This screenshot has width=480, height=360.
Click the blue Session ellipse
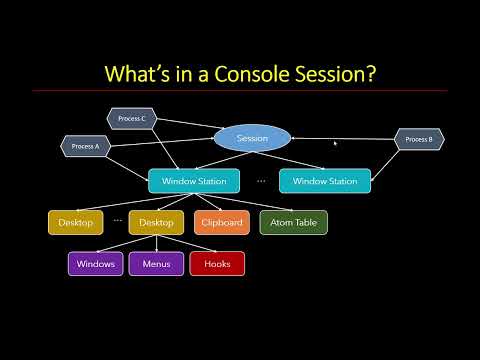[x=252, y=138]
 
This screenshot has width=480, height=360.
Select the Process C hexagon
[x=131, y=119]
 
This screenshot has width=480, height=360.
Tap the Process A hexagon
[x=85, y=146]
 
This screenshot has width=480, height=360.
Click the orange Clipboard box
[x=220, y=223]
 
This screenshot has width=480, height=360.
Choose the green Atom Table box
[x=293, y=223]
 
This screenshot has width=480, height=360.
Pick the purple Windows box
[x=96, y=264]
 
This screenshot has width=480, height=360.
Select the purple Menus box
[x=156, y=264]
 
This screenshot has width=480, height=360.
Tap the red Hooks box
[x=217, y=264]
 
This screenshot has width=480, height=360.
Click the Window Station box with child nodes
[x=194, y=181]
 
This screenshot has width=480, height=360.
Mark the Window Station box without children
[x=325, y=181]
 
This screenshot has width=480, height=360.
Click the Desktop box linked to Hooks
[x=156, y=223]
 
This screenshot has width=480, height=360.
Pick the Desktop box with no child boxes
[x=75, y=223]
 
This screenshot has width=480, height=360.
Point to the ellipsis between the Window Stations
[x=260, y=181]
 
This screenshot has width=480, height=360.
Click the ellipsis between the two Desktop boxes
[x=117, y=219]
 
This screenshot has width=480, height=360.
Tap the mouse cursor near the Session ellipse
[x=335, y=143]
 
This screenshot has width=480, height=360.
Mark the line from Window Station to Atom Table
[x=250, y=202]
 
